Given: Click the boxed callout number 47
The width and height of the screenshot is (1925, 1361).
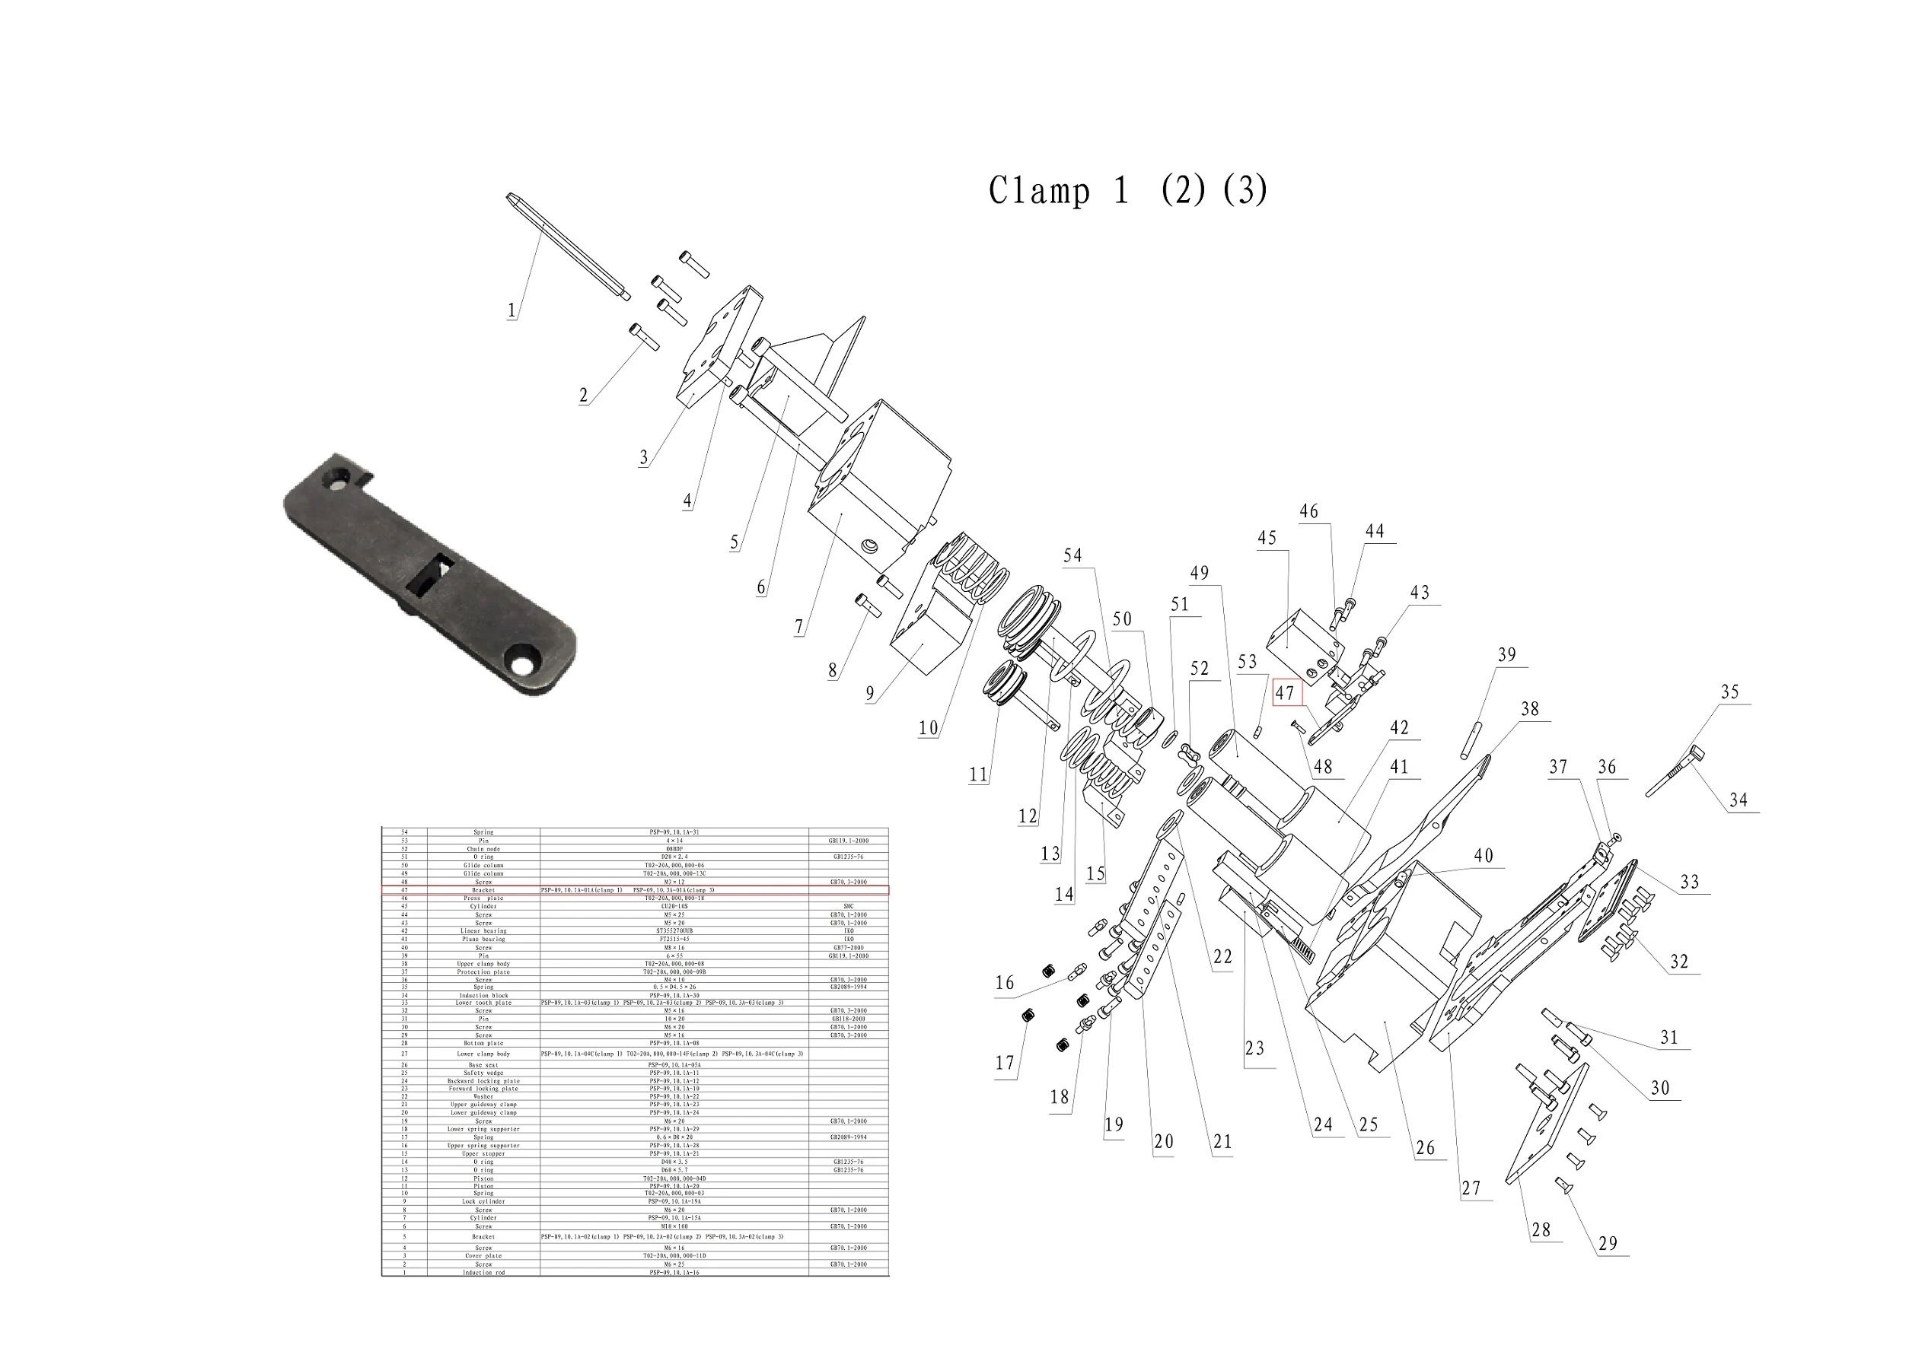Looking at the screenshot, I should click(x=1284, y=693).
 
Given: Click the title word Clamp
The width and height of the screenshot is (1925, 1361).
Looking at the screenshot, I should click(x=1040, y=190).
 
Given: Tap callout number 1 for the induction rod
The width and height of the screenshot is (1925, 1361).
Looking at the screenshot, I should click(x=512, y=311).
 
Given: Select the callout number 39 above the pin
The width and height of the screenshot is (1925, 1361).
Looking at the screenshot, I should click(x=1506, y=654).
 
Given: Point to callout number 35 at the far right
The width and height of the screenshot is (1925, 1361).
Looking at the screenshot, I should click(x=1729, y=692).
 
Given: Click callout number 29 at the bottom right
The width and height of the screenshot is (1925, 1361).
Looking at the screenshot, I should click(x=1608, y=1244).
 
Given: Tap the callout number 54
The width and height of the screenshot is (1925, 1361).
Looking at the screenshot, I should click(x=1072, y=555).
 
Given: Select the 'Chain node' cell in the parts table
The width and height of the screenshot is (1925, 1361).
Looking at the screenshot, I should click(x=484, y=849).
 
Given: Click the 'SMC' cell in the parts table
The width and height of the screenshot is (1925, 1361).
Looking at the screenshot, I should click(x=848, y=906).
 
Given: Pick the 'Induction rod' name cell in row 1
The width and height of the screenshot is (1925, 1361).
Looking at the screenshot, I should click(x=484, y=1272).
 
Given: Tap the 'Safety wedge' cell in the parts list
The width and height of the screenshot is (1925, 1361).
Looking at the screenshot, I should click(x=484, y=1073).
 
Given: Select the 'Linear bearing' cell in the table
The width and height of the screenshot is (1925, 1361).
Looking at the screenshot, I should click(x=484, y=931).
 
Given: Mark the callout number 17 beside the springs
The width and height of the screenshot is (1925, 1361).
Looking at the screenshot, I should click(x=1005, y=1064).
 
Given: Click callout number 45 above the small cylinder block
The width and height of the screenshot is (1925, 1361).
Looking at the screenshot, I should click(x=1266, y=538).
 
